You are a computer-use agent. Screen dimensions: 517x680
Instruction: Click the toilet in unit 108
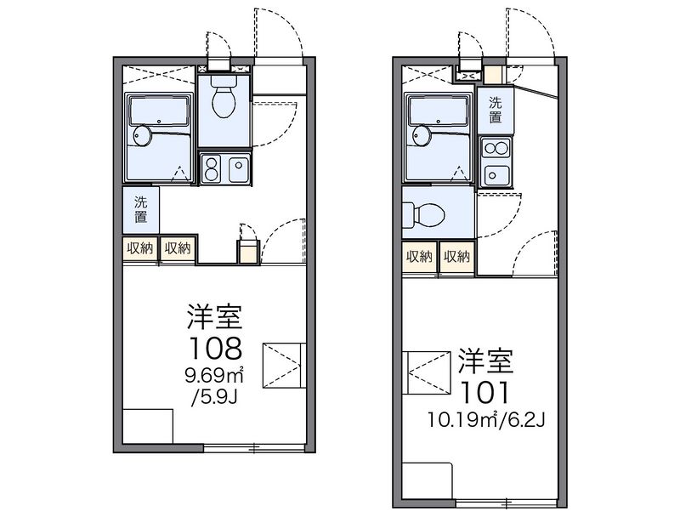click(224, 100)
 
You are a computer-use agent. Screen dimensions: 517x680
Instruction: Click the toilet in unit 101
click(425, 213)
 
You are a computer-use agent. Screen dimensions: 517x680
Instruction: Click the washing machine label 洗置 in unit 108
click(141, 210)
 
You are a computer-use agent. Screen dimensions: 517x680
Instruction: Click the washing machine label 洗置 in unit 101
click(495, 111)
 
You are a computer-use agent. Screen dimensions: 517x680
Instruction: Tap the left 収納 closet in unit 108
click(140, 248)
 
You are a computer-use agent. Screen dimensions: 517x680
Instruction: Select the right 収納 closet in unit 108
click(178, 248)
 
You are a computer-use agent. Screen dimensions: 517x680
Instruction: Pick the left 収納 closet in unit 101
click(419, 257)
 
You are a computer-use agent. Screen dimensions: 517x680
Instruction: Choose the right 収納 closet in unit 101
click(456, 257)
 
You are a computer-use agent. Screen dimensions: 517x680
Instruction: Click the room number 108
click(214, 348)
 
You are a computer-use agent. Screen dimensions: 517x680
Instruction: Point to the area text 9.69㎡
click(214, 374)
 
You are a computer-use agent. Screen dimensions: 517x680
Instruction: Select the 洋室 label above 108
click(215, 316)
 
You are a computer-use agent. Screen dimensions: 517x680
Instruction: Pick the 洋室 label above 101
click(484, 361)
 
